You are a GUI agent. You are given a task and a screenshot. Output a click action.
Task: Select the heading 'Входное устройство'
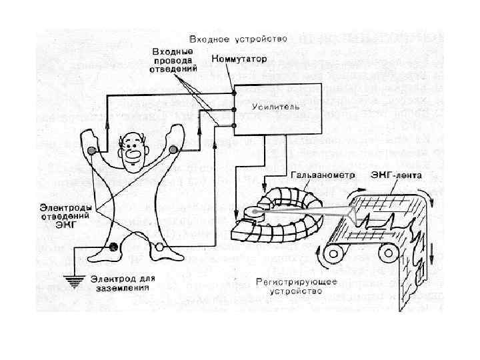[x=238, y=39]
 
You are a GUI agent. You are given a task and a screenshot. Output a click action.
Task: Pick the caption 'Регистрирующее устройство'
[x=297, y=287]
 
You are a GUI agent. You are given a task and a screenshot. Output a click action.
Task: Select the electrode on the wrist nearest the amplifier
[x=174, y=149]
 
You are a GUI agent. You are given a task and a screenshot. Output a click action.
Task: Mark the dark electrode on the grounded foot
[x=113, y=247]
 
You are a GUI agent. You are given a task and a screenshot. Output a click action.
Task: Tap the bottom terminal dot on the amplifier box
[x=233, y=126]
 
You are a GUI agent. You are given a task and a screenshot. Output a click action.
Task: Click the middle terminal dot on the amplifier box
[x=233, y=110]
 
